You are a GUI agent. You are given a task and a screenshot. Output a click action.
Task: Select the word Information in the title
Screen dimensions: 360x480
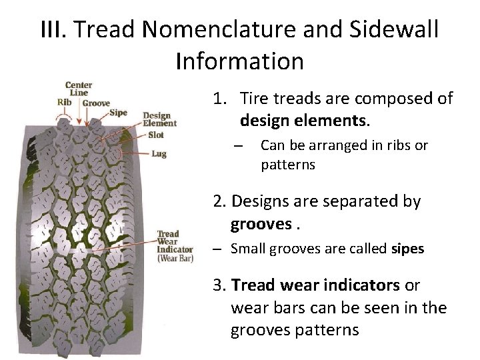240,61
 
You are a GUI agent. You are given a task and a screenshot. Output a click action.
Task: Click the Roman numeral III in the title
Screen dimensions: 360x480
55,29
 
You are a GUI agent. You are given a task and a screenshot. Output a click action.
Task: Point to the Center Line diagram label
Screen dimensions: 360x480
79,89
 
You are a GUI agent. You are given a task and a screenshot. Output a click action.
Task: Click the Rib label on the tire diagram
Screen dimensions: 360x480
64,103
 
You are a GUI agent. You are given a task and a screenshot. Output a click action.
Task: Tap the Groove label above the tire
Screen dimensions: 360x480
97,103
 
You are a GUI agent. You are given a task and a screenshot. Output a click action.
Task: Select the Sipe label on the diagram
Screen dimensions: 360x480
118,113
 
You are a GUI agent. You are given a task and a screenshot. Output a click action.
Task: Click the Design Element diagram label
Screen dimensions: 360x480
160,119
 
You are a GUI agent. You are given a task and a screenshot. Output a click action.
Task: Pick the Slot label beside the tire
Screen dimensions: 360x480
157,135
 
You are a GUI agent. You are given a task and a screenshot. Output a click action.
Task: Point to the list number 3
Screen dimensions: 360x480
219,285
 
